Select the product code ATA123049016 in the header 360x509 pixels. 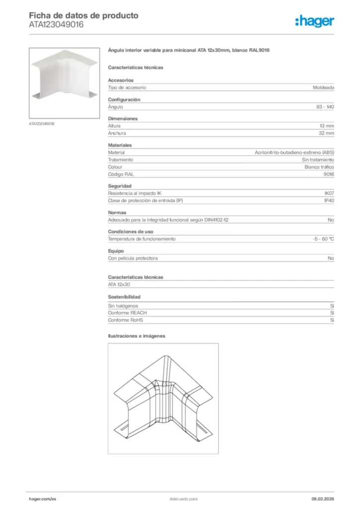(56, 24)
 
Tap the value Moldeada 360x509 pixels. (323, 87)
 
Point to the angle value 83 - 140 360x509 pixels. (325, 107)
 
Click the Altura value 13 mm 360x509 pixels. (327, 126)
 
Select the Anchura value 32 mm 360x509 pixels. (326, 133)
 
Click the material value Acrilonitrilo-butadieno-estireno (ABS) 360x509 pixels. (294, 153)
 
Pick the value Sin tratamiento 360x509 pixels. (318, 160)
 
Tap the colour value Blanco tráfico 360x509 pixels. (319, 168)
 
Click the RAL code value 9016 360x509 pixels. (329, 174)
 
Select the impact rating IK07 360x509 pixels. (329, 193)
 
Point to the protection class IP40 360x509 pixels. (329, 201)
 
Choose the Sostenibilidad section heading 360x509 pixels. (121, 297)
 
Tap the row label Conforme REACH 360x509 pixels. (127, 313)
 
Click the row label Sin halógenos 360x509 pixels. (123, 306)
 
